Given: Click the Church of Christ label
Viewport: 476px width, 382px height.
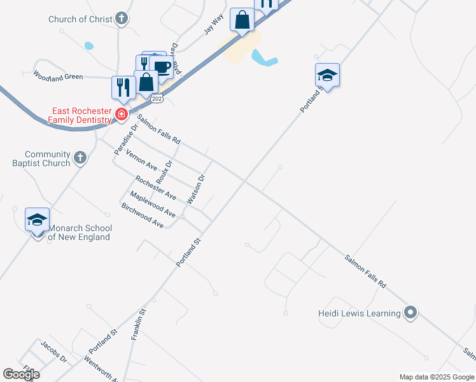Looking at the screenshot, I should point(80,19).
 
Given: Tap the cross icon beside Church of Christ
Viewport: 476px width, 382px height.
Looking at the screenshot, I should point(122,18).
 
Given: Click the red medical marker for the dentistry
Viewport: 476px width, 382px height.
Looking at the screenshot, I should point(122,115).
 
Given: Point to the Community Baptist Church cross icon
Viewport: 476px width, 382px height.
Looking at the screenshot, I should point(80,157).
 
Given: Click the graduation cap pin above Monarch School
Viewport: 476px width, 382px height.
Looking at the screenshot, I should point(37,220).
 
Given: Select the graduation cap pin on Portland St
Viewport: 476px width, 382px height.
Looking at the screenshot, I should point(327,75).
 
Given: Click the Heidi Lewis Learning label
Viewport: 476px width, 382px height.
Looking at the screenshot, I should point(360,313).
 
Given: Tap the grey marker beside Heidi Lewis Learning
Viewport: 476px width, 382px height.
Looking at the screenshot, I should point(410,313).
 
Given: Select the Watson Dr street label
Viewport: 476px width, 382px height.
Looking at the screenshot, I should point(195,190).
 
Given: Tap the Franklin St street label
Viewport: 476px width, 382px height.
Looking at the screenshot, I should point(139,325).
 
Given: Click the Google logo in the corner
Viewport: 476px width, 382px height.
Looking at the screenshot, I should point(21,374).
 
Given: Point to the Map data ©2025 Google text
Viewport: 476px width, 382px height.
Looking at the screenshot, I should point(436,377).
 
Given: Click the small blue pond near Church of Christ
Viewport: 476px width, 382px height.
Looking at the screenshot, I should point(88,46).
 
